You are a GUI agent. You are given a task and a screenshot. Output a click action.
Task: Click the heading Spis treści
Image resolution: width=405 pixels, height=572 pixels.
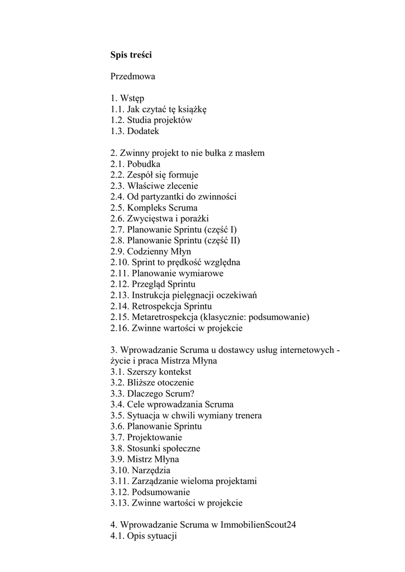[x=131, y=55]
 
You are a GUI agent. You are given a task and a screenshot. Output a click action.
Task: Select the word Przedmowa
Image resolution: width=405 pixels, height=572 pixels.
[x=133, y=77]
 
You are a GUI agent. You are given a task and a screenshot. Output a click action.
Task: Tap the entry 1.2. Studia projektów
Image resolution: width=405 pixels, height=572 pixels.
[x=151, y=121]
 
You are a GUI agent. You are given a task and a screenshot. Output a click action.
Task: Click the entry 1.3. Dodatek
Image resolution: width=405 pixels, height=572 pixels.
[x=135, y=131]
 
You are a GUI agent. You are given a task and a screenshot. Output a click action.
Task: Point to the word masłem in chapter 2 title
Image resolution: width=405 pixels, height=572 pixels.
[x=251, y=153]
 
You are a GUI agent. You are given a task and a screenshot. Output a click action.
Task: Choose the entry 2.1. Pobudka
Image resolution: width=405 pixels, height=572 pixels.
[x=135, y=164]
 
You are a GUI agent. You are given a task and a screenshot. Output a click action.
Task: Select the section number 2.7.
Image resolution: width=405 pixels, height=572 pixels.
[x=117, y=230]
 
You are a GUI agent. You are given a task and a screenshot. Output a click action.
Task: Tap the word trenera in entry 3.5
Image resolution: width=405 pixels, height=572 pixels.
[x=247, y=416]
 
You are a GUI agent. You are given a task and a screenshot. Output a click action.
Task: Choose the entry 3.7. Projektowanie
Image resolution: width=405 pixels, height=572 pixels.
[x=146, y=437]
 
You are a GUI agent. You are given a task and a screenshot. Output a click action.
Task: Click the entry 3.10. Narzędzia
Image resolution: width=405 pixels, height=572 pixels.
[x=141, y=470]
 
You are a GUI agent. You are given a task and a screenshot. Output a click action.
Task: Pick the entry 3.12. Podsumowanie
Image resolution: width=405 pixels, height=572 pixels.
[x=150, y=492]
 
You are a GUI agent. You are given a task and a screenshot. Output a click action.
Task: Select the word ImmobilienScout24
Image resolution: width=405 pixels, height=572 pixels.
[x=258, y=525]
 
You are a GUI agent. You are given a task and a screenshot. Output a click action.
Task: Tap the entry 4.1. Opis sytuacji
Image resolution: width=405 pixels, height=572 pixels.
[x=144, y=536]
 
